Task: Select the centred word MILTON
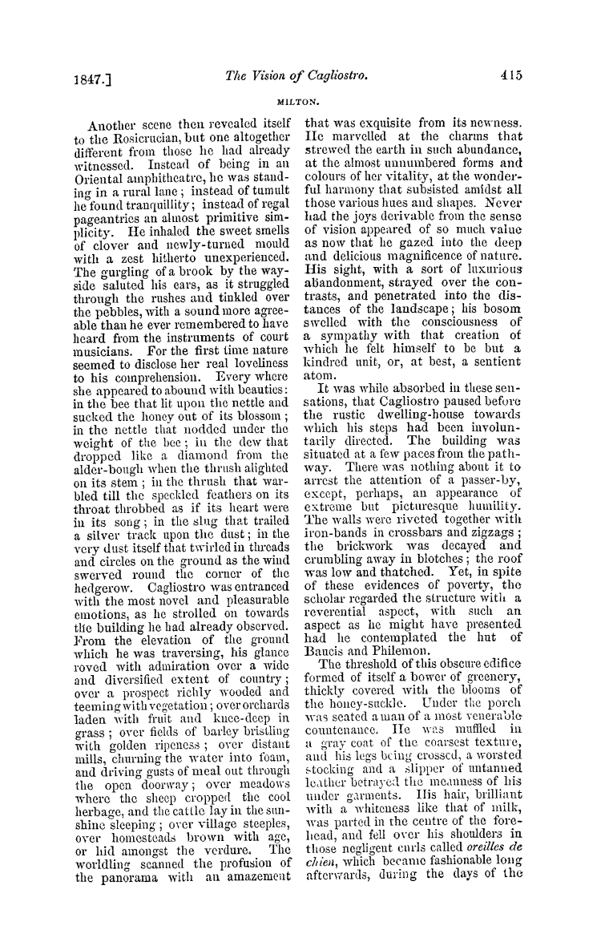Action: (x=300, y=102)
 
